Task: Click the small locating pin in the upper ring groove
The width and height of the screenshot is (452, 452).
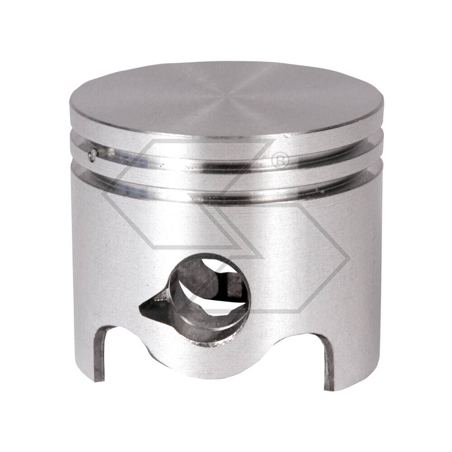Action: coord(93,155)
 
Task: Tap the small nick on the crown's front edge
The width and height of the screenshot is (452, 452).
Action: coord(286,134)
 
